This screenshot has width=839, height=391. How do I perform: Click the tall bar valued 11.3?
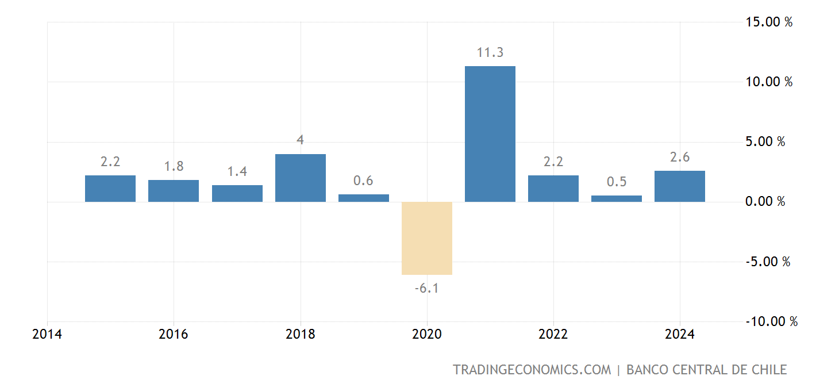click(x=490, y=134)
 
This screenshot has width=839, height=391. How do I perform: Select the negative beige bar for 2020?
click(x=426, y=238)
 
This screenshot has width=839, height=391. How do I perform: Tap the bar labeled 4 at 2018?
click(x=300, y=178)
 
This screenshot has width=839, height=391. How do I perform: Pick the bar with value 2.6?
click(x=679, y=186)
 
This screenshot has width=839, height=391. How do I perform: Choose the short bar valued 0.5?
click(x=616, y=198)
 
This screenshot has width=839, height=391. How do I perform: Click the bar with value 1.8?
click(x=174, y=191)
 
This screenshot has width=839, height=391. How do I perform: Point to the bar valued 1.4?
click(x=237, y=193)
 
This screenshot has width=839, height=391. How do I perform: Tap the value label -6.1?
click(x=426, y=288)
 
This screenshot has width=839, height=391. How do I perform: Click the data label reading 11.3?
click(x=490, y=53)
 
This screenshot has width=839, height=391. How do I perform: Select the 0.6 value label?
click(x=363, y=181)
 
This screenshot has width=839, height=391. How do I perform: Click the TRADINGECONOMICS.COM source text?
click(x=532, y=370)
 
